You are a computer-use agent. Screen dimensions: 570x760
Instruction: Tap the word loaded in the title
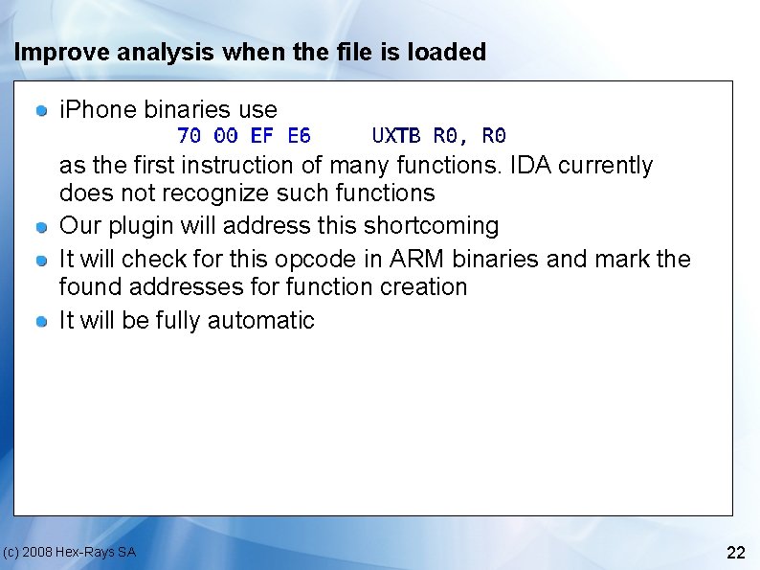click(447, 53)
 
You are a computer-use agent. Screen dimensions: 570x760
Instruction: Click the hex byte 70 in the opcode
click(190, 135)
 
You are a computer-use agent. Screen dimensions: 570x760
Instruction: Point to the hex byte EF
click(262, 135)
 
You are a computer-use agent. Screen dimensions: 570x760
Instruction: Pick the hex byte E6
click(299, 135)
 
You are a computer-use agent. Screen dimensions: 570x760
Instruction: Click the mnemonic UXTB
click(395, 135)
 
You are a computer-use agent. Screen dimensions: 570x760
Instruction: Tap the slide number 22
click(736, 553)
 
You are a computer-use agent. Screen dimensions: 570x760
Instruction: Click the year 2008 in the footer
click(37, 553)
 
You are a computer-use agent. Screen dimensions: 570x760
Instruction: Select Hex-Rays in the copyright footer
click(89, 553)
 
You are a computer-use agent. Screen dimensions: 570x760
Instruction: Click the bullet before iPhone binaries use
click(42, 111)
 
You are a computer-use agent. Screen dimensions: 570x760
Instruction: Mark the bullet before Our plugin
click(42, 227)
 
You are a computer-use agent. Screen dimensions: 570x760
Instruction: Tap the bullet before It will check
click(42, 261)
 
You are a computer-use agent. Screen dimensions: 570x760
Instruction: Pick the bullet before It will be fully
click(42, 322)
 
